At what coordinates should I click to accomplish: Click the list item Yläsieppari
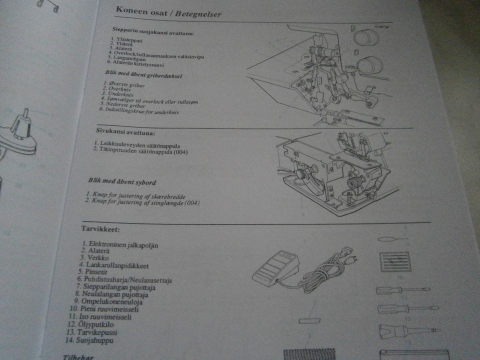point(127,39)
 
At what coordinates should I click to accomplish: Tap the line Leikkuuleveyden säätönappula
point(134,143)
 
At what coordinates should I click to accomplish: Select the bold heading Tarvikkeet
point(100,229)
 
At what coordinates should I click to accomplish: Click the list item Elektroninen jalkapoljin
point(123,245)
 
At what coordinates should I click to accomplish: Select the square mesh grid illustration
point(395,261)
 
